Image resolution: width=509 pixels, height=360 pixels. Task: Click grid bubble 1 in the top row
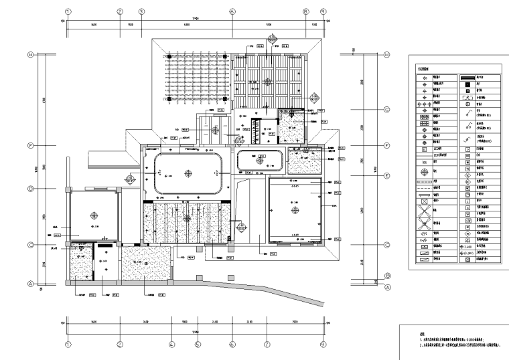pos(68,11)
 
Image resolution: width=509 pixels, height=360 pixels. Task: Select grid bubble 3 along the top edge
pos(141,11)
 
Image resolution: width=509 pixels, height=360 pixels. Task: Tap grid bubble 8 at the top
pos(305,11)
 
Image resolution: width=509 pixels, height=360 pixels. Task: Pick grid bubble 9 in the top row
pos(323,11)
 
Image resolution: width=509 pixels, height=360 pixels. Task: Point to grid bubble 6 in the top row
pos(232,11)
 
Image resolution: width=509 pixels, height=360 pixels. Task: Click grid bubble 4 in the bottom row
pos(171,345)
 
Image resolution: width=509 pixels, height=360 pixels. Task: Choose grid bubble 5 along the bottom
pos(198,345)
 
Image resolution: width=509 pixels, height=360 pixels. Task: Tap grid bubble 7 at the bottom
pos(267,345)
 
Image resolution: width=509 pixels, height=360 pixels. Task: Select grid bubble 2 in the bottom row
pos(119,345)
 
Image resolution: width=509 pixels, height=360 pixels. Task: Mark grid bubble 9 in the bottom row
pos(323,345)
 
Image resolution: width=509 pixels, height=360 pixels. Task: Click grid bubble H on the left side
pos(30,55)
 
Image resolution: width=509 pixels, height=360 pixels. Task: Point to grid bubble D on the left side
pos(30,189)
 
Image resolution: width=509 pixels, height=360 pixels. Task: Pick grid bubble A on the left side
pos(30,283)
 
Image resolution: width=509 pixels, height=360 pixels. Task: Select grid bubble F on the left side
pos(30,145)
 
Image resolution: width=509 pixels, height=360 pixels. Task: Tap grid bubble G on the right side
pos(386,109)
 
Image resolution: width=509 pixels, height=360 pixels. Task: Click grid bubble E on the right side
pos(386,175)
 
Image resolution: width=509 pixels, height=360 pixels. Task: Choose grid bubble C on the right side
pos(386,245)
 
